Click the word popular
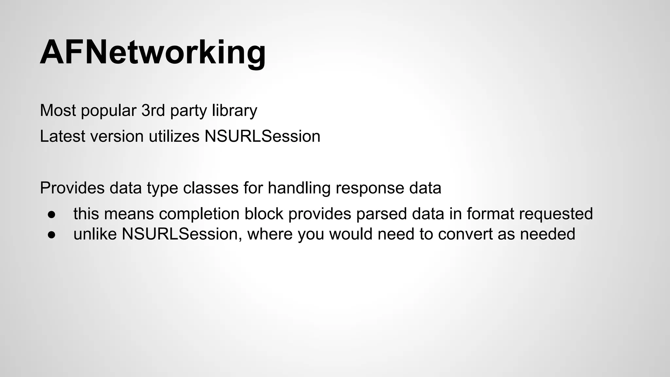[108, 111]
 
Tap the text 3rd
[153, 111]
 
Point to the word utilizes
[174, 136]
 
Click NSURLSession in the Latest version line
[262, 136]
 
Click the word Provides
[72, 188]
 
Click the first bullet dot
[52, 214]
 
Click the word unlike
[95, 234]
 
